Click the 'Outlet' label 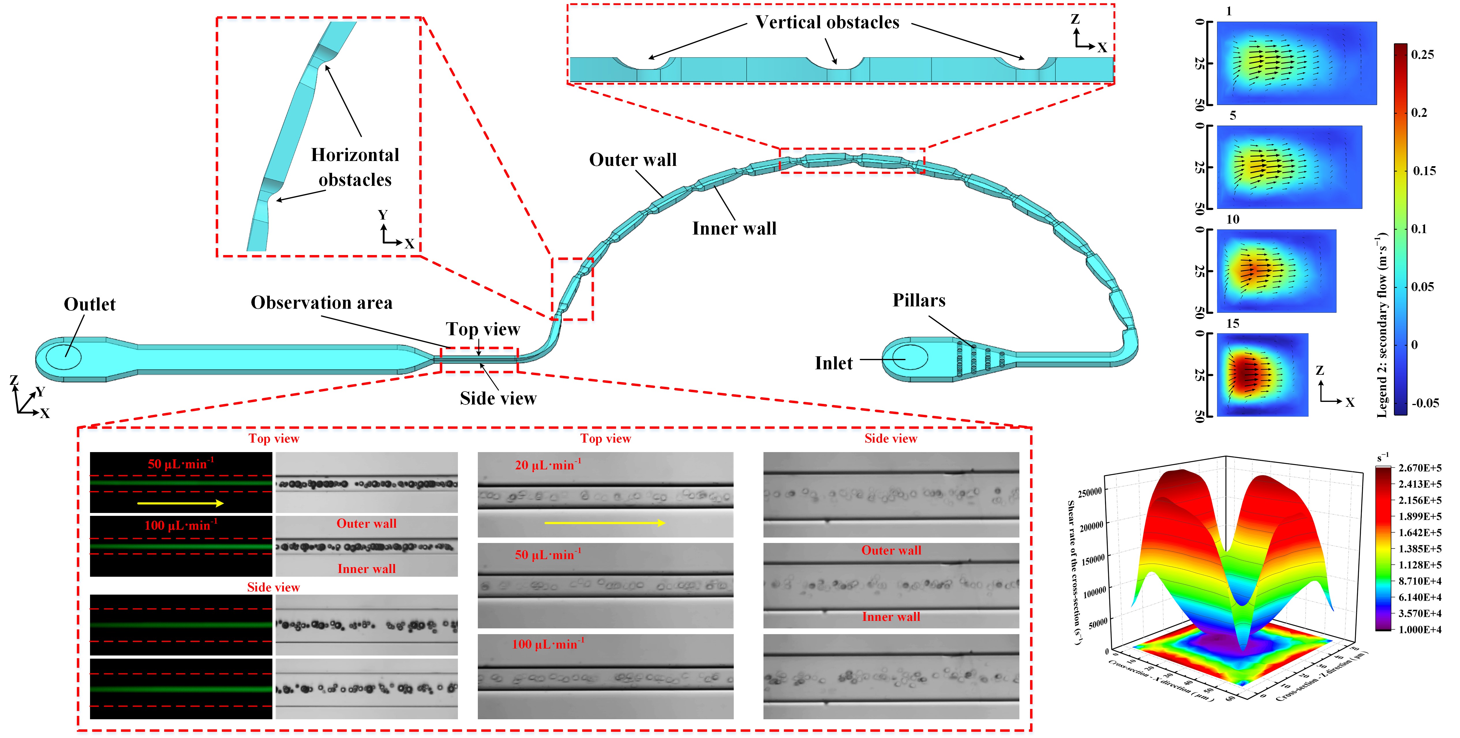click(x=89, y=304)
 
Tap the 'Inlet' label click(x=833, y=363)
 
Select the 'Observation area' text click(x=321, y=303)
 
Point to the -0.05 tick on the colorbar click(x=1424, y=403)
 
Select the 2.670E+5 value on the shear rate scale click(x=1419, y=468)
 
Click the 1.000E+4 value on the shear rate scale click(x=1419, y=629)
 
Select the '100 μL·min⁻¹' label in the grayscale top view click(x=548, y=645)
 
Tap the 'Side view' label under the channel click(x=498, y=398)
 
